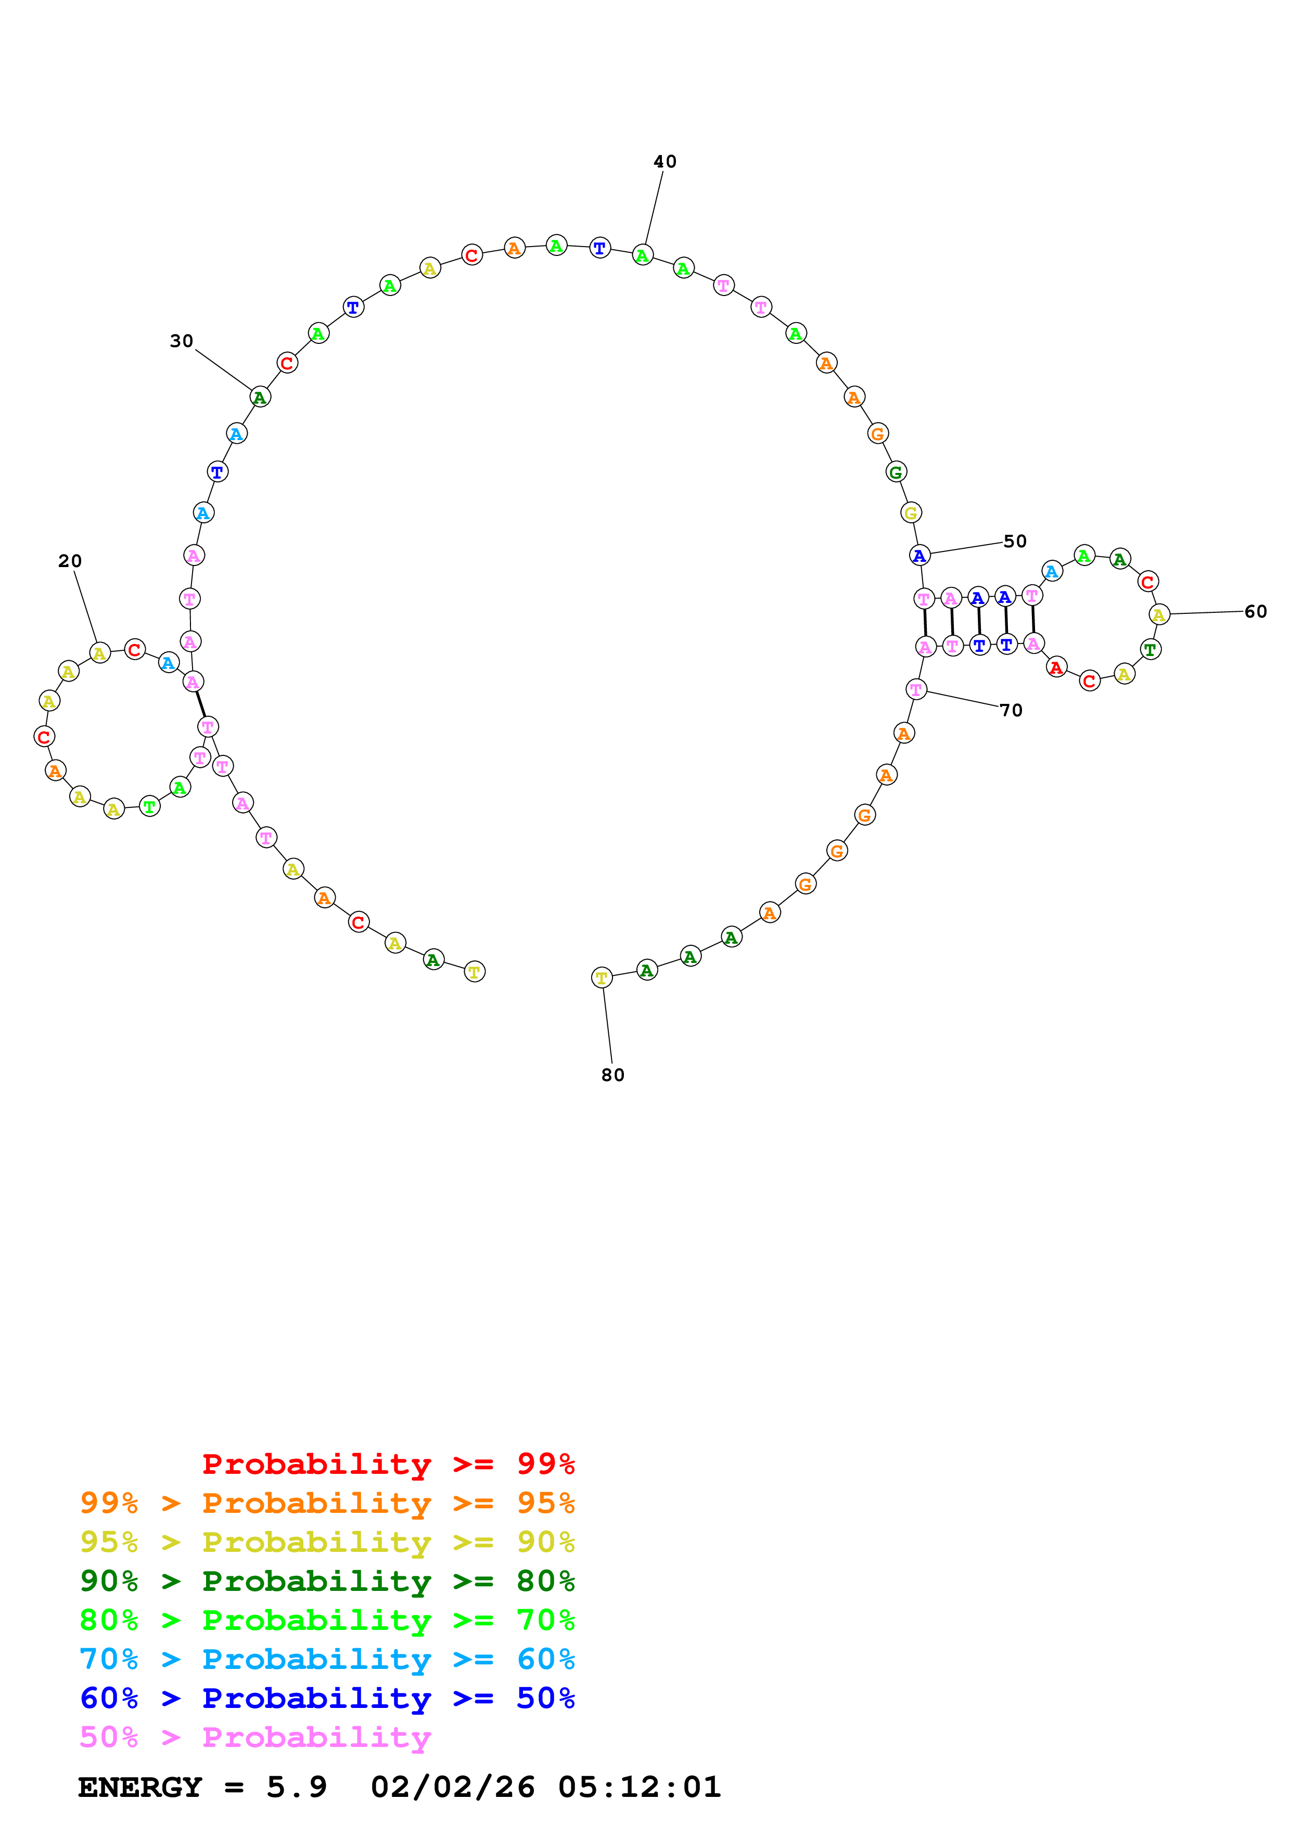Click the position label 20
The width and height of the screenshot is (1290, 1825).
pos(70,561)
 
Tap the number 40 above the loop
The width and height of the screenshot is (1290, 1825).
pos(665,162)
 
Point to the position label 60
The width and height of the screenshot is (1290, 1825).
pos(1255,612)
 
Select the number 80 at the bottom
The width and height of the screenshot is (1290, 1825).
pos(612,1075)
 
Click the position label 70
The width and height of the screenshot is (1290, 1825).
pos(1011,711)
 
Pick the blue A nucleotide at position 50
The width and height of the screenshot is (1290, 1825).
pos(919,556)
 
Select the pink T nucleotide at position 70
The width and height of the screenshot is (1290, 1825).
pos(916,690)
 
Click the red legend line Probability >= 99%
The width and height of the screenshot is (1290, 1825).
pos(388,1464)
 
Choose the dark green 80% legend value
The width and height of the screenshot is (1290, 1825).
pos(545,1581)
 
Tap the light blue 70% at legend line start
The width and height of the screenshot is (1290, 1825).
pos(109,1660)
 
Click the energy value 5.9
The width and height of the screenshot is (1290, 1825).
pos(297,1788)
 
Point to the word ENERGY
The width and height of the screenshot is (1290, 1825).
pos(140,1788)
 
